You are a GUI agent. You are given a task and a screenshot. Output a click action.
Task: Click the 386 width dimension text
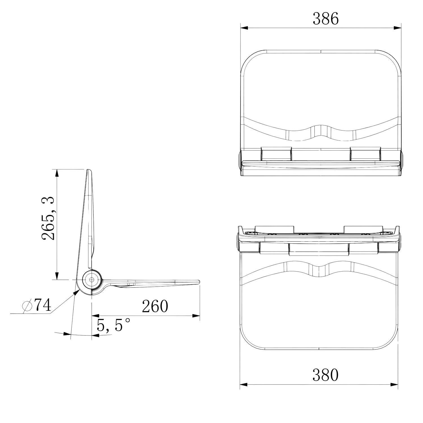pos(325,19)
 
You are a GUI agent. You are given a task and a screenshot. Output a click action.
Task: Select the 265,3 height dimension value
pos(48,218)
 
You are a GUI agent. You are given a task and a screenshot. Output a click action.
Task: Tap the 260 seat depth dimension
pos(155,306)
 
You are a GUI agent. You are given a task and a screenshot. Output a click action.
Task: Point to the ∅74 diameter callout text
pos(37,305)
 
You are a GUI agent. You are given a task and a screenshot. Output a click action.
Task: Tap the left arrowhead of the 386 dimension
pos(244,28)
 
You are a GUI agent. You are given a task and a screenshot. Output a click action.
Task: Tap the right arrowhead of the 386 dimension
pos(397,28)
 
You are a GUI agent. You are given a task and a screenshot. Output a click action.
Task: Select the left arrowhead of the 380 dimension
pos(244,384)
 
